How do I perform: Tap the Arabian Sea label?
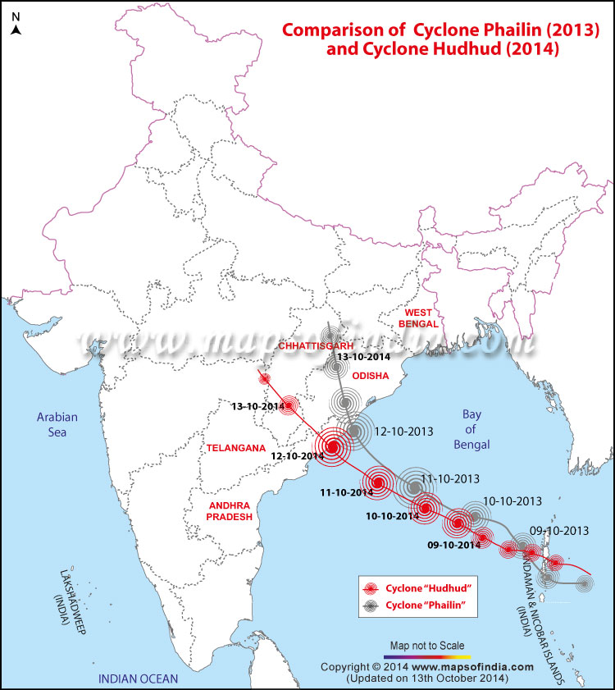(56, 424)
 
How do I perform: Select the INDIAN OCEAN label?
(138, 679)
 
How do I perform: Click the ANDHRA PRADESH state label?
(221, 512)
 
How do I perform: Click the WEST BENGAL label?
(417, 318)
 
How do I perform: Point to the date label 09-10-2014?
(452, 545)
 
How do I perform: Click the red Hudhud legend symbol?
(372, 588)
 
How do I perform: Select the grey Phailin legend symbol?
(372, 605)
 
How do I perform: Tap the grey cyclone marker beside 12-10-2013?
(354, 430)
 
